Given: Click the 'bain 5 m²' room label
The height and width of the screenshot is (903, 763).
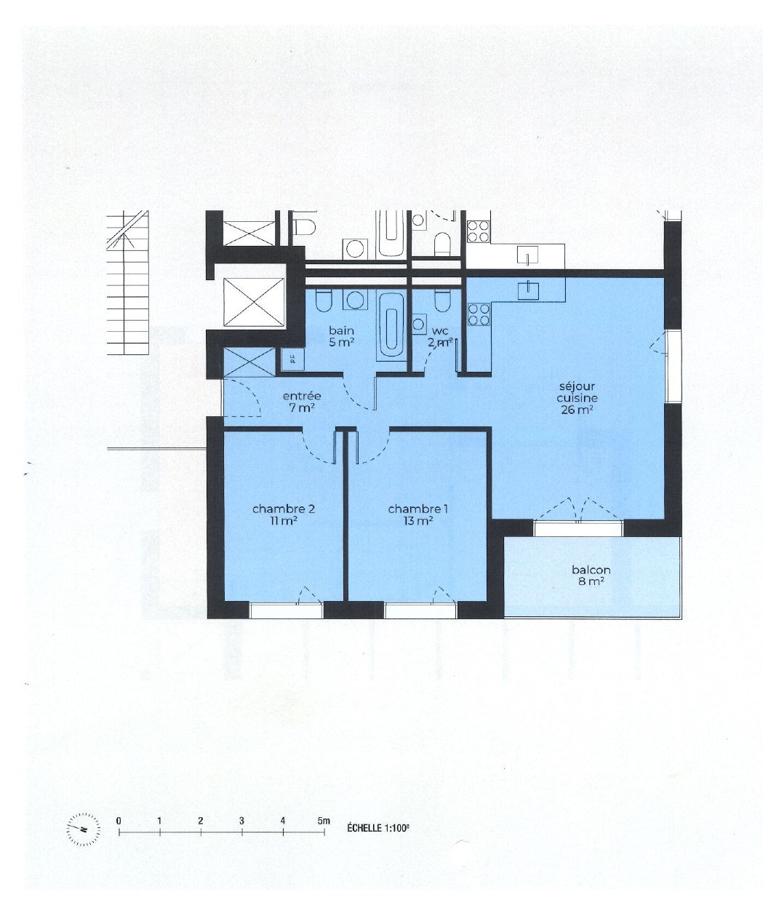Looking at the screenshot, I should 341,335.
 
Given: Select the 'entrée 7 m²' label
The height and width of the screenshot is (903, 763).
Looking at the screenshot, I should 302,402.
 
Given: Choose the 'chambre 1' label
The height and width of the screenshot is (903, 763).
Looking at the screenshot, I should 418,514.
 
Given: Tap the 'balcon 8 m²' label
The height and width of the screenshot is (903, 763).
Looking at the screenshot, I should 591,576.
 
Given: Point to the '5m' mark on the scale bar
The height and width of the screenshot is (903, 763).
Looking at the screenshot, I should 324,820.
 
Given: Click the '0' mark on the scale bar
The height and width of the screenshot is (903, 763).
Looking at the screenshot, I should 119,820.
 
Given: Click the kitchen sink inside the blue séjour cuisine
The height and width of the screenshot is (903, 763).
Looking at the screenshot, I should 528,289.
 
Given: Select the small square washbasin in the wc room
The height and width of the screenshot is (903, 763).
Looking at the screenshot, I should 420,324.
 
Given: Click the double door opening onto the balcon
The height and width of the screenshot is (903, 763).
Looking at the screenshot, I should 579,509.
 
